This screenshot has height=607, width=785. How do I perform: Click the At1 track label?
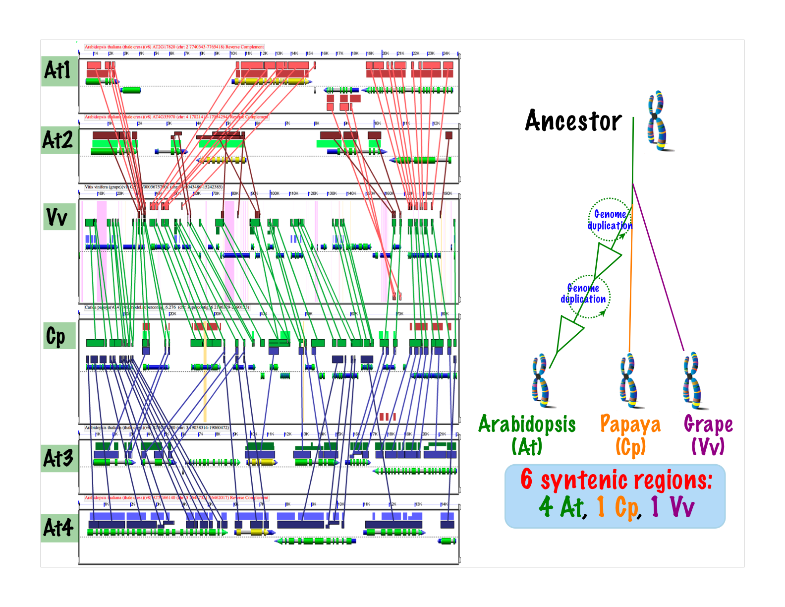click(58, 70)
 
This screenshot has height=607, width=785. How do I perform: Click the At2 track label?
click(58, 140)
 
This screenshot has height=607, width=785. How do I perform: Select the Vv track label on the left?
click(57, 217)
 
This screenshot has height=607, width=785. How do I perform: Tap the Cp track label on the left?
click(56, 336)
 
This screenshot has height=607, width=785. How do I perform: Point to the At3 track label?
click(58, 458)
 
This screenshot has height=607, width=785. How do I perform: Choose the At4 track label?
click(58, 528)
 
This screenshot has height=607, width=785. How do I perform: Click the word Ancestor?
click(573, 121)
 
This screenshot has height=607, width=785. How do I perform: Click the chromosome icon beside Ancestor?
click(658, 120)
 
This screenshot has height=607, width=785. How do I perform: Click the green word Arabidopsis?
click(527, 425)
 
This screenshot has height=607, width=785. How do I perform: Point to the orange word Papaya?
click(630, 425)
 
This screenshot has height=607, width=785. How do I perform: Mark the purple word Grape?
click(708, 425)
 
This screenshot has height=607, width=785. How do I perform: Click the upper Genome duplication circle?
click(610, 220)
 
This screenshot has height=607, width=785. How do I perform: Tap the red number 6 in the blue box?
click(526, 480)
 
